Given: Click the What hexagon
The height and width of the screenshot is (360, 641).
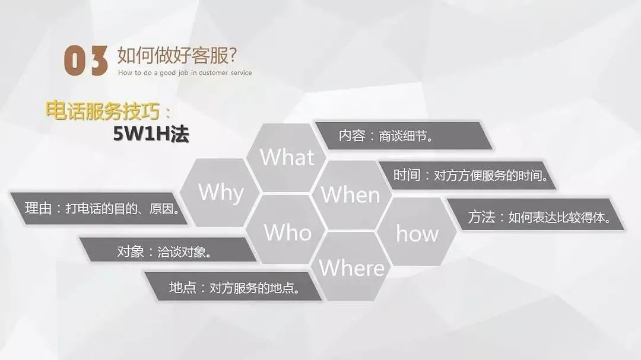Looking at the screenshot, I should [287, 158].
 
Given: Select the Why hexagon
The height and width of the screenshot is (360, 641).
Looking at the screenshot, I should [221, 193].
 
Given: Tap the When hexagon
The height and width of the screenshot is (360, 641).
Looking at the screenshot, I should [350, 195].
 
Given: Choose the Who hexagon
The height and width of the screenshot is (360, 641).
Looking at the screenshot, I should [287, 232].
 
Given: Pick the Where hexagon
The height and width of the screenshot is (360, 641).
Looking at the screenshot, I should [352, 267].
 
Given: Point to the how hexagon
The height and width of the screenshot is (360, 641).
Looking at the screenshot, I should [417, 233].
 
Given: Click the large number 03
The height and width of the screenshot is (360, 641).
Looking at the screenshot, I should [86, 61].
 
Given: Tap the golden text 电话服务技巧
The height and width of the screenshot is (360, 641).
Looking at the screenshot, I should [106, 111].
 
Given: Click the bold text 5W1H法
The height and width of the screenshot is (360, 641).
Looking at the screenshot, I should [151, 135].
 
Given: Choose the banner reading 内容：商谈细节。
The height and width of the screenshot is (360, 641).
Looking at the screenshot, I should [403, 136].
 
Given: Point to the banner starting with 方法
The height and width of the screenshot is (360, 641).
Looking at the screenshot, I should [537, 218].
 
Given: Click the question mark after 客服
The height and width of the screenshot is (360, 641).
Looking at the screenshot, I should [232, 55].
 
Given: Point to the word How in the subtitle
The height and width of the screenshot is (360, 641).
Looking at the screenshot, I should [124, 73].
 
